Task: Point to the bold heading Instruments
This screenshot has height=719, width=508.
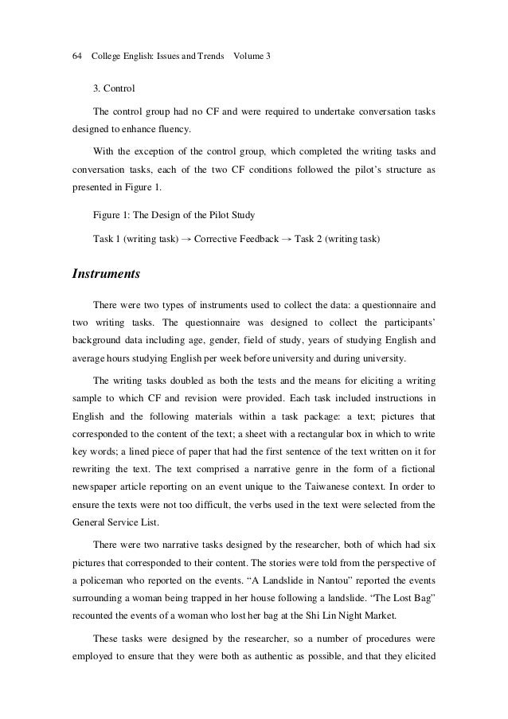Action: click(x=107, y=274)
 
